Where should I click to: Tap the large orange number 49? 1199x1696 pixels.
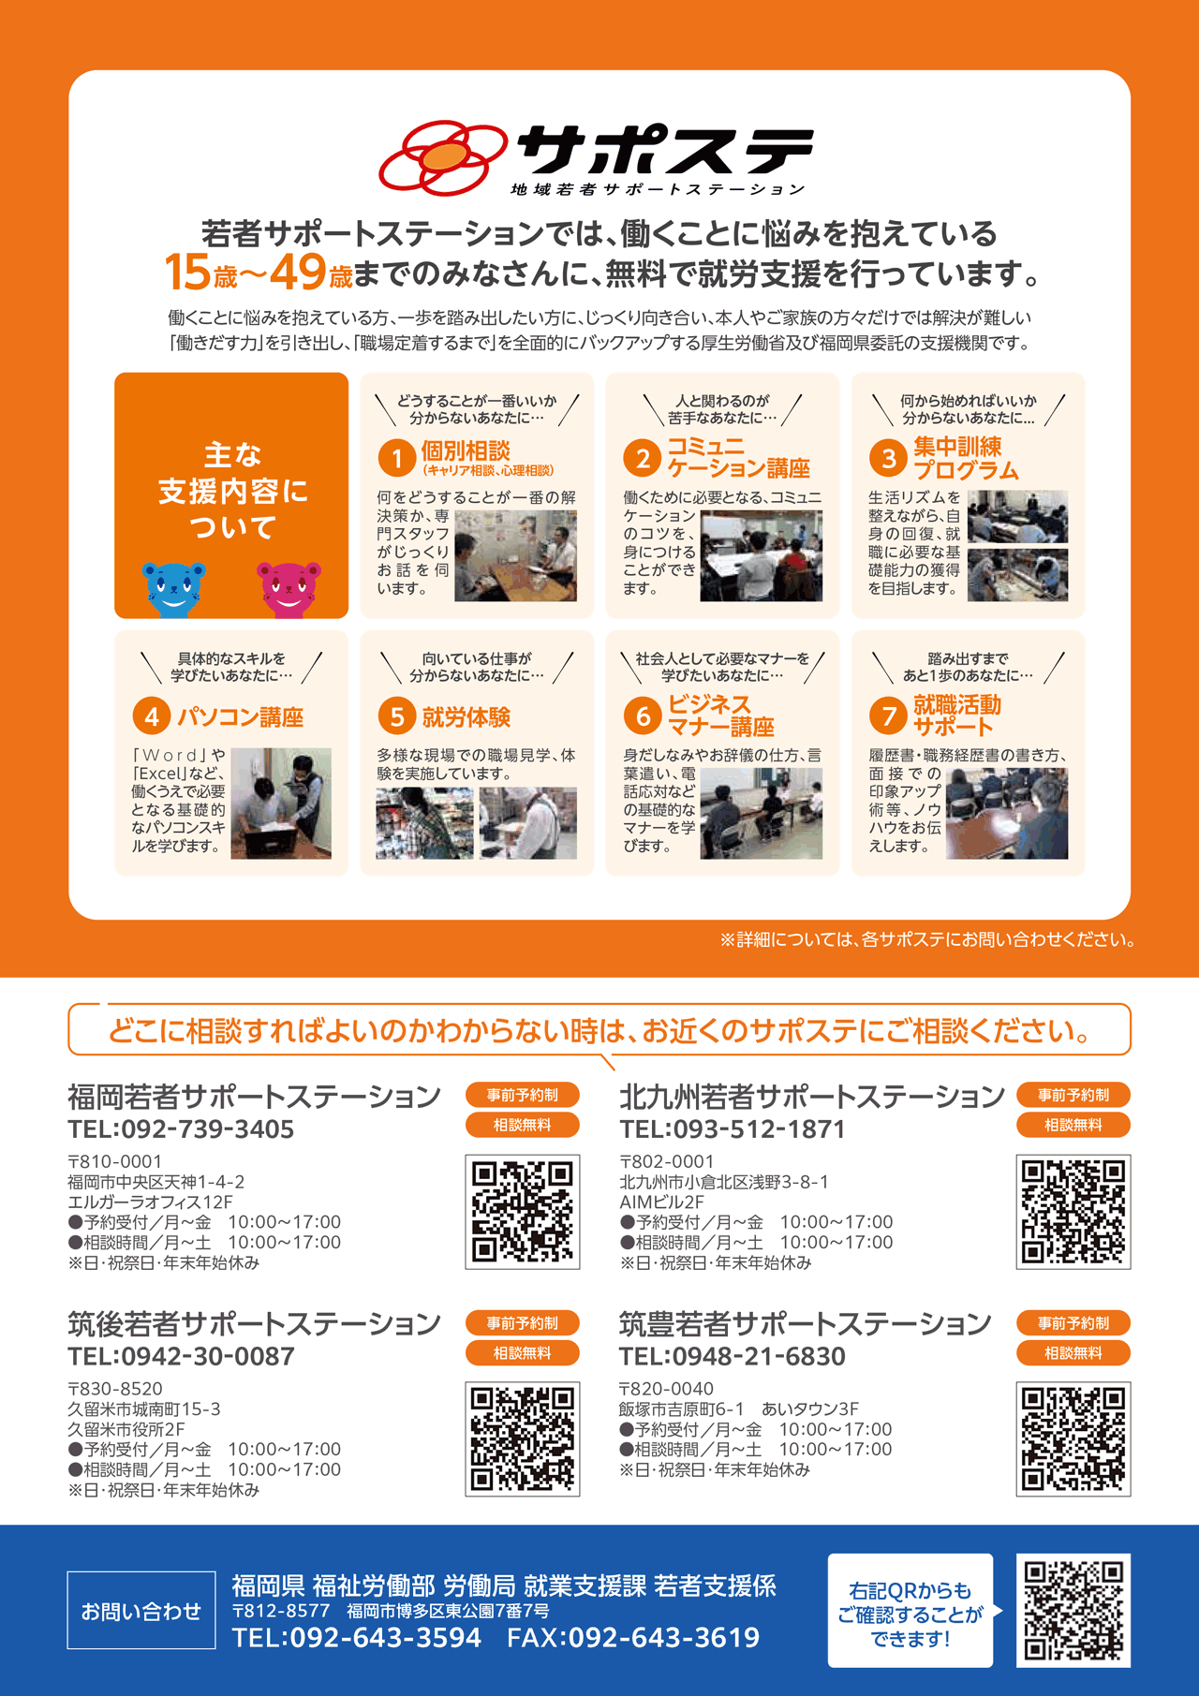point(298,273)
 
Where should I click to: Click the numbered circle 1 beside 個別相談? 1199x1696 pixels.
point(396,458)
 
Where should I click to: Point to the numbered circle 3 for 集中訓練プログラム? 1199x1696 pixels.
point(887,458)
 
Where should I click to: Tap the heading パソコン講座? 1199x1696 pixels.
point(241,717)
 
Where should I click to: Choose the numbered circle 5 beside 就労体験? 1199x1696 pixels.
point(396,716)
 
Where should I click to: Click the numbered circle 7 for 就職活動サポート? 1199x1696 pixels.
point(887,716)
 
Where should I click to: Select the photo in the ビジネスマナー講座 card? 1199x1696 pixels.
point(762,813)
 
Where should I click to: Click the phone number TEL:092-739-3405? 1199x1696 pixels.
point(181,1129)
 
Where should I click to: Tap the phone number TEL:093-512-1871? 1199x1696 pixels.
point(733,1129)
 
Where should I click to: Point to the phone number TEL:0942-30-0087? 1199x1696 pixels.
point(181,1356)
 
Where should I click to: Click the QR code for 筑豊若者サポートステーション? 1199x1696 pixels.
point(1073,1439)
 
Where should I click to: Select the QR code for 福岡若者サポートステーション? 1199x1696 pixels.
point(523,1212)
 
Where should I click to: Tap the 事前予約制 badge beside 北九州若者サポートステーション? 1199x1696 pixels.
point(1073,1095)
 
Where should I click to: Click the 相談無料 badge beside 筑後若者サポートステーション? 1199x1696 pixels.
point(523,1353)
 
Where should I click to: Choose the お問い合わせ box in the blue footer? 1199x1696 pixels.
point(141,1611)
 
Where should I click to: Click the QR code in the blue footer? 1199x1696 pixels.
point(1073,1611)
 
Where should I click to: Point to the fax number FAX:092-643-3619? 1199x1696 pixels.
point(633,1638)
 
